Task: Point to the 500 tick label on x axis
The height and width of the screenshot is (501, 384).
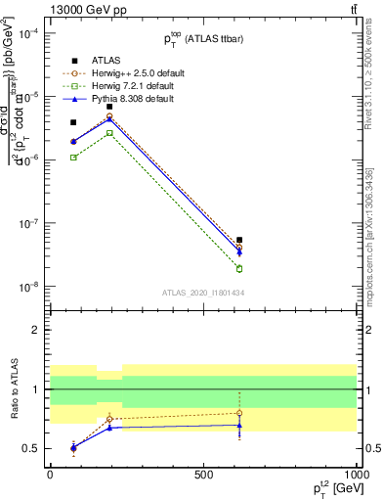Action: click(203, 474)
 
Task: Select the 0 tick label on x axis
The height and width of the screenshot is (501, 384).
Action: click(50, 474)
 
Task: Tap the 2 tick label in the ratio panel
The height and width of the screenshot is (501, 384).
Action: click(36, 330)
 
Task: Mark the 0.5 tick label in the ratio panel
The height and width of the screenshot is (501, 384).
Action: click(31, 448)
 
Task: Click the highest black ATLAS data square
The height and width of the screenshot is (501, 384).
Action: click(110, 107)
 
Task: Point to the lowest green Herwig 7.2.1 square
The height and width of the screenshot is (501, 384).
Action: click(239, 269)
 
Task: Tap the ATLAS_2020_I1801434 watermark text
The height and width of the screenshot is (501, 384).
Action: click(202, 293)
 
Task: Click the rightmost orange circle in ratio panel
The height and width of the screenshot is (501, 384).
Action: click(239, 413)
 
